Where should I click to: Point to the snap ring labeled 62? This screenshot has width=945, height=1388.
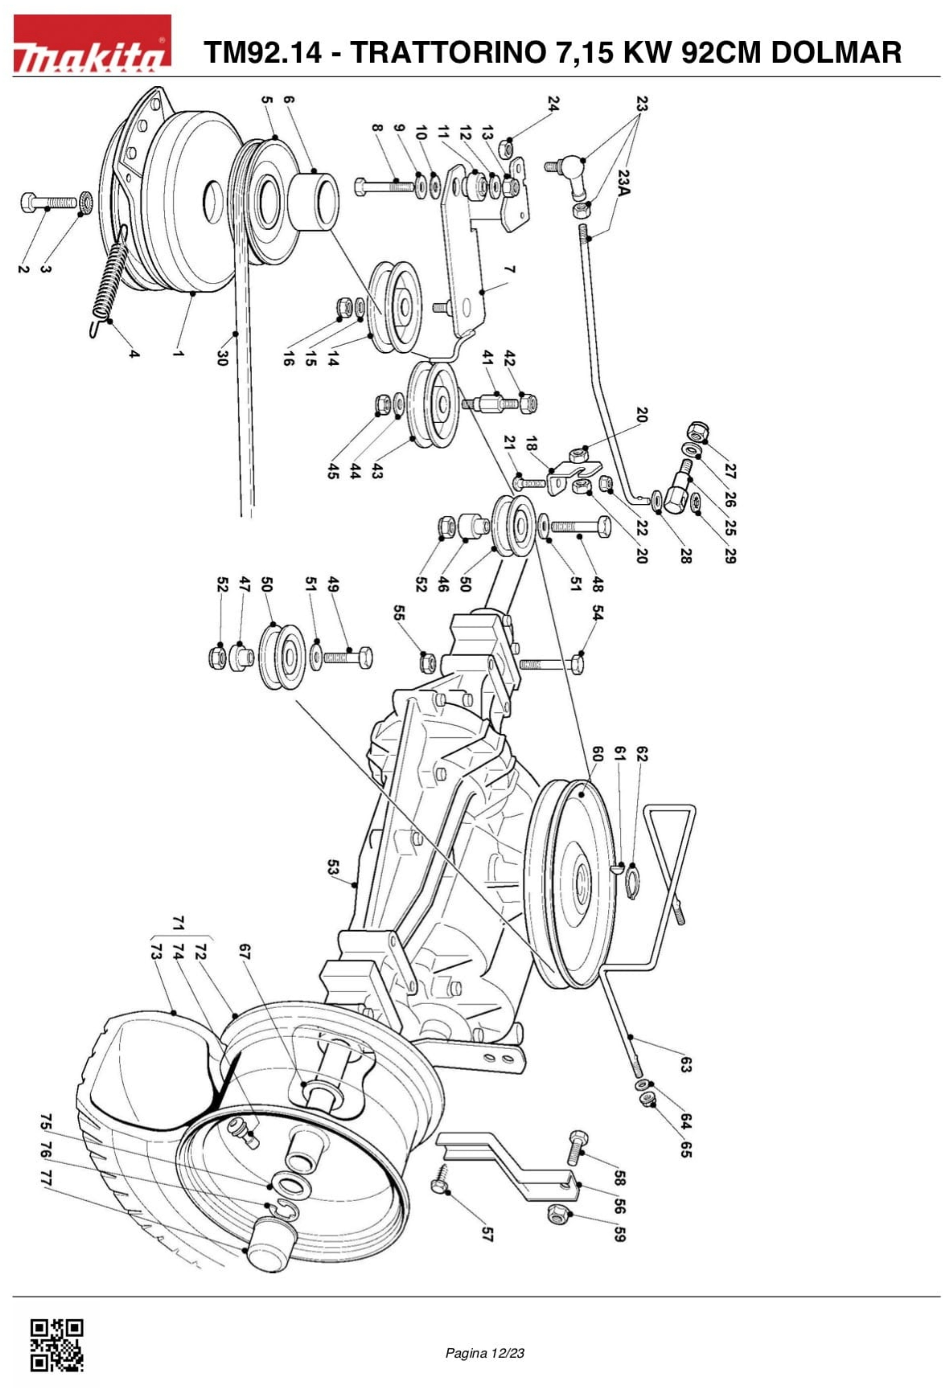point(634,886)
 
